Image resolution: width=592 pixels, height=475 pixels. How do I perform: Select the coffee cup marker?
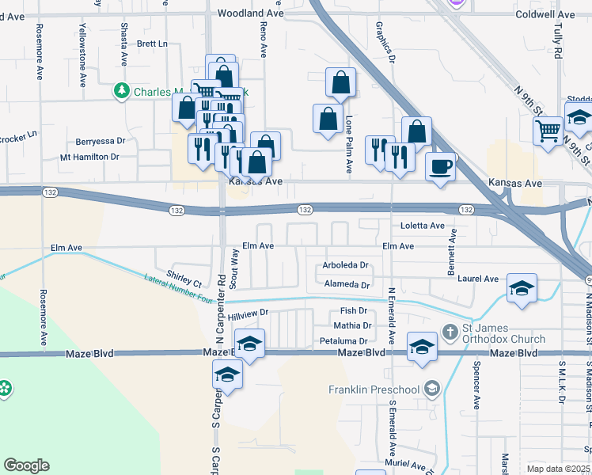click(x=441, y=167)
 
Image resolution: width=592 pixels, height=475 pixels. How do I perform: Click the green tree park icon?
click(x=121, y=92)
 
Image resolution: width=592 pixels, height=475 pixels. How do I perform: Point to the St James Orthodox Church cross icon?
click(x=450, y=331)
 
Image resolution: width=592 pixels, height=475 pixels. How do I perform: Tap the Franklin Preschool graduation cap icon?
click(x=431, y=389)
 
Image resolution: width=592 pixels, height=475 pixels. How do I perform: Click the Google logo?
click(x=27, y=465)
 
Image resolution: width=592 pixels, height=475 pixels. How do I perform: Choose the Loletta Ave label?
click(x=423, y=226)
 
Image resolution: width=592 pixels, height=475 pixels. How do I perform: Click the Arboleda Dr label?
click(x=346, y=265)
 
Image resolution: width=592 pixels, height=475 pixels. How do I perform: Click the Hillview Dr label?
click(x=249, y=314)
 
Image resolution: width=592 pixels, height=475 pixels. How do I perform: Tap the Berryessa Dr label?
click(x=101, y=141)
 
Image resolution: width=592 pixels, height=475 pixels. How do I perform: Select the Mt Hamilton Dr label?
click(x=89, y=157)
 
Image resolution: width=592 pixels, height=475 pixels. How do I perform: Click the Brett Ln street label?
click(x=153, y=44)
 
